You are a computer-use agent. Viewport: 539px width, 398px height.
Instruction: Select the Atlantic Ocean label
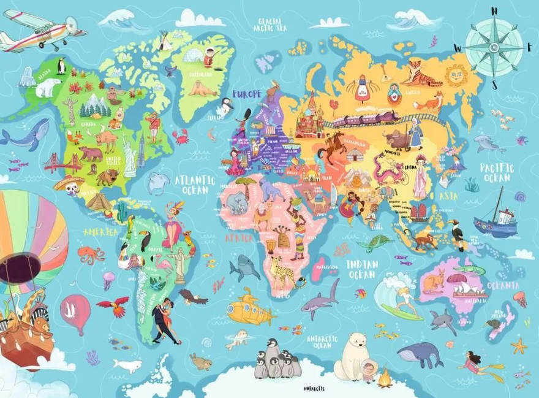click(195, 185)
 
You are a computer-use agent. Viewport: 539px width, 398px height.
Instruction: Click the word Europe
click(246, 94)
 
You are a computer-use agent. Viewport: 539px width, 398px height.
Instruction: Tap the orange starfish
click(519, 346)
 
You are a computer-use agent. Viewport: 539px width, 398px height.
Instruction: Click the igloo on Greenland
click(194, 55)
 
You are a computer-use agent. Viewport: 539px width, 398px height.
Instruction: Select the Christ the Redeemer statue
click(179, 264)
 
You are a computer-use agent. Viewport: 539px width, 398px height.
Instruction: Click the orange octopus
click(90, 254)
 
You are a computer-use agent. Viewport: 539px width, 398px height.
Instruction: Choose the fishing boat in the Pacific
click(496, 221)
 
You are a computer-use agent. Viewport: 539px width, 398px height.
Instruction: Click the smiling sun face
click(456, 75)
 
